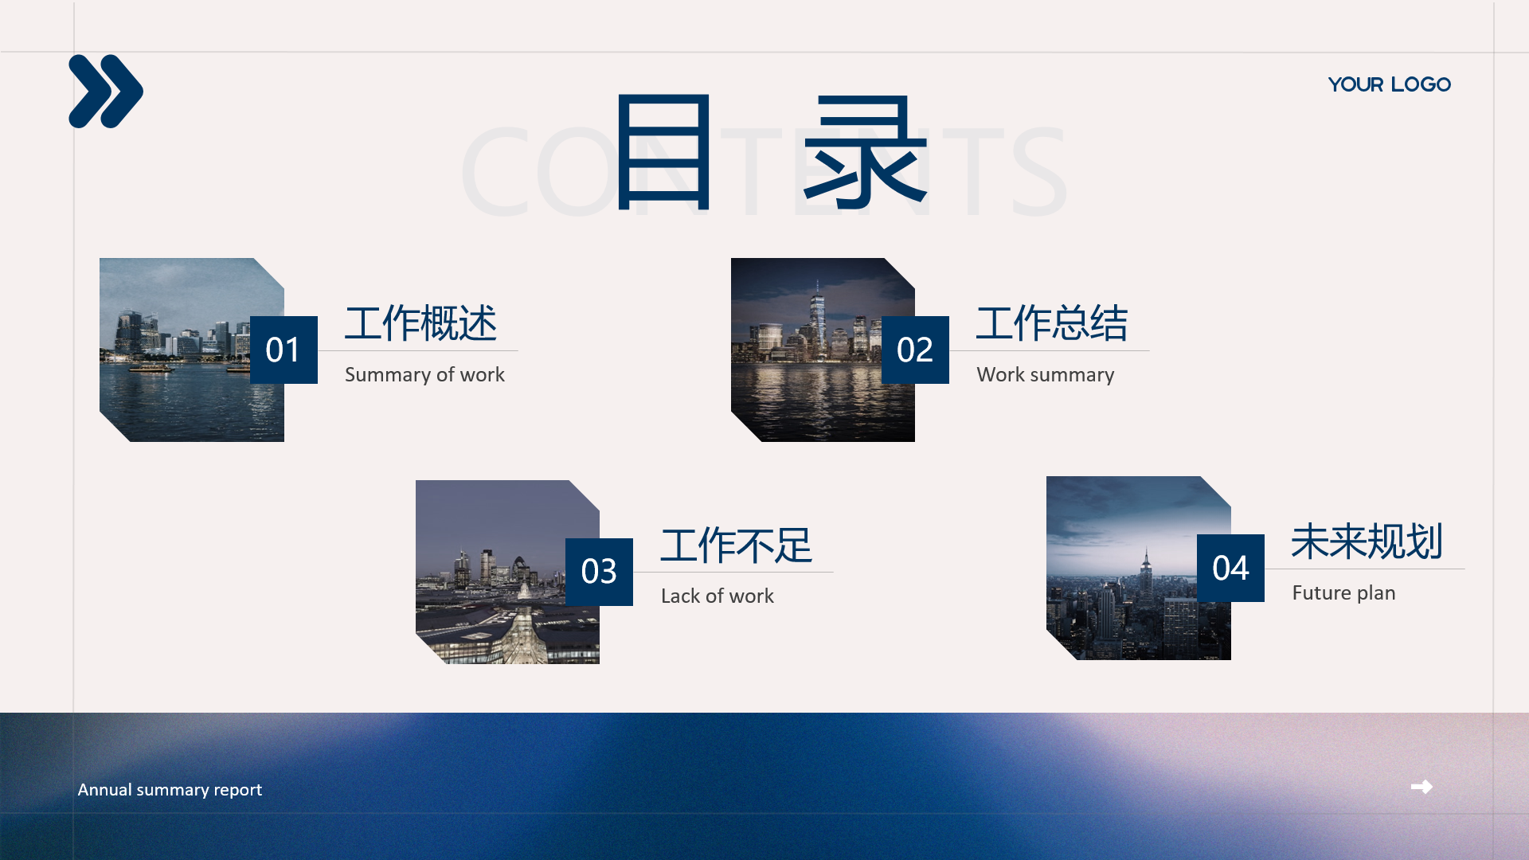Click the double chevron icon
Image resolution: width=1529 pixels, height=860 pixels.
(x=106, y=92)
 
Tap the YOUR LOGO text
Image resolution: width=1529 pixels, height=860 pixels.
(x=1390, y=84)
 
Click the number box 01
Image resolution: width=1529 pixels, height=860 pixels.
(x=284, y=350)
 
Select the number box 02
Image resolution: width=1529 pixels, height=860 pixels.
(x=915, y=350)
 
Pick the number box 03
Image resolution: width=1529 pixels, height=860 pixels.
(x=599, y=572)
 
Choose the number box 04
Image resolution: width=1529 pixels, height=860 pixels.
(x=1230, y=568)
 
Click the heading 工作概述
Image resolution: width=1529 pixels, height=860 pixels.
(x=420, y=323)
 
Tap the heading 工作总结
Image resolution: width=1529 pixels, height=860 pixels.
(x=1052, y=323)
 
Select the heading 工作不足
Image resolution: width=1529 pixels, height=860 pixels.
(x=737, y=545)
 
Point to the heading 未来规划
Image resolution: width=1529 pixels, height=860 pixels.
(x=1367, y=541)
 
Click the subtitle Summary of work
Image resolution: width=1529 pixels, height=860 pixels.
(x=424, y=374)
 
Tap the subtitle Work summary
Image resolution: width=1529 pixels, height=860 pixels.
(x=1046, y=375)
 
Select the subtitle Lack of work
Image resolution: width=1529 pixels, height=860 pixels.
(x=718, y=596)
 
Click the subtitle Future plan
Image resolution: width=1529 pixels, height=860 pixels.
(x=1343, y=593)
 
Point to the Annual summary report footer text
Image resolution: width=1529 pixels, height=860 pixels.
(x=170, y=789)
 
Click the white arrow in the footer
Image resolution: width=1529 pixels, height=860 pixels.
(x=1421, y=787)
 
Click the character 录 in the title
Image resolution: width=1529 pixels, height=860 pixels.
(x=866, y=151)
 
